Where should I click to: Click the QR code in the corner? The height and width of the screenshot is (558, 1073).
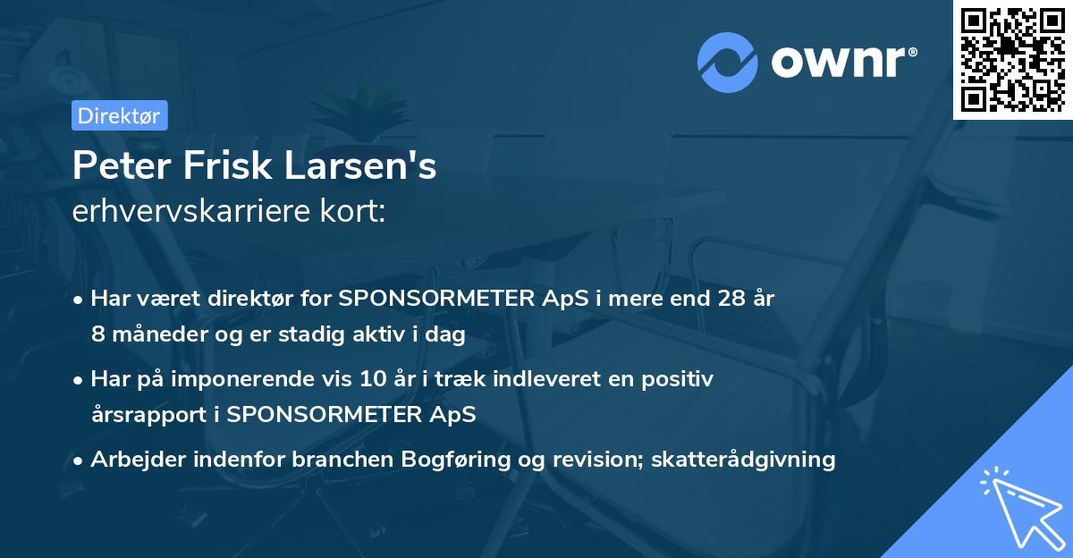click(x=1012, y=59)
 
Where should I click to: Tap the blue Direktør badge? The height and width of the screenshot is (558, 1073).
click(x=119, y=115)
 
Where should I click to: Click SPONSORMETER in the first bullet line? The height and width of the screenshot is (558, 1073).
click(x=423, y=299)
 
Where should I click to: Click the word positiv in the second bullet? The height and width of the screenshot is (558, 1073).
click(x=681, y=379)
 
